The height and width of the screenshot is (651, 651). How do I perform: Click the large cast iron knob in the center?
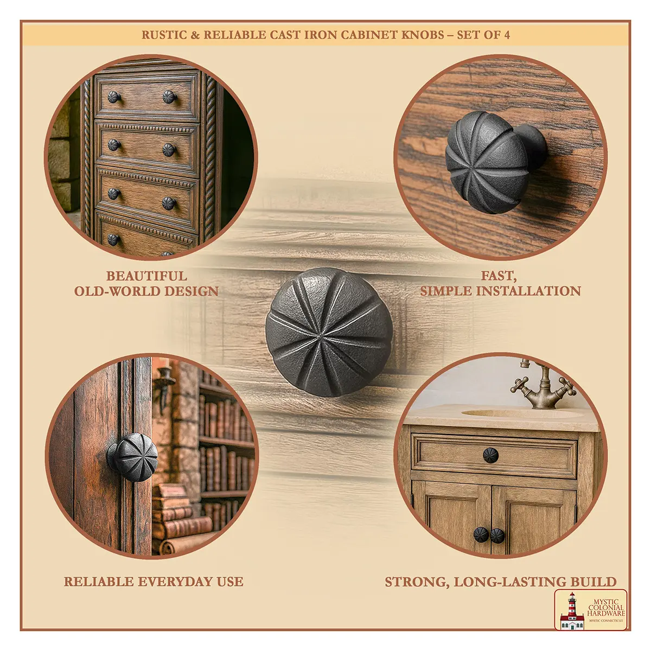[329, 332]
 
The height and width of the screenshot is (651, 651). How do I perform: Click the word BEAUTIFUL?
[146, 276]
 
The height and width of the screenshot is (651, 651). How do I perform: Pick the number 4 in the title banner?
[506, 35]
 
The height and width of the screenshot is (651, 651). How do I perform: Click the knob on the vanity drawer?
[490, 455]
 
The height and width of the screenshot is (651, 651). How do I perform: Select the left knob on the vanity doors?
[481, 535]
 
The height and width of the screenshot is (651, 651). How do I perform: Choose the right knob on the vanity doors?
[497, 536]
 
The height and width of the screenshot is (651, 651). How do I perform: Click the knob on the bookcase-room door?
[133, 457]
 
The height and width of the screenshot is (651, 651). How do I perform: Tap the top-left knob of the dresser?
[114, 97]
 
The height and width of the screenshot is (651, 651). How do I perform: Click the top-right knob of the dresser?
[169, 97]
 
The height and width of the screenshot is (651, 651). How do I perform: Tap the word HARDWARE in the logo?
[606, 613]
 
